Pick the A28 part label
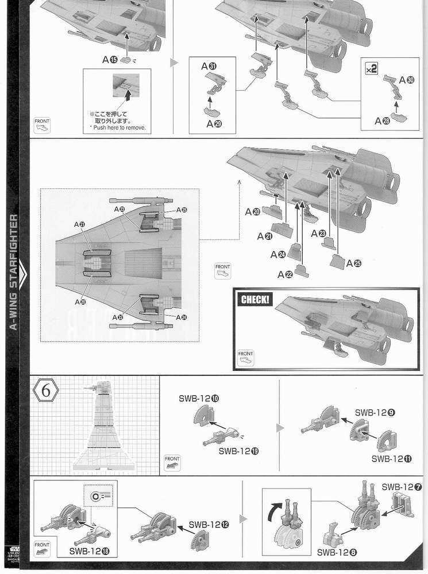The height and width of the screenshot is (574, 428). coord(382,121)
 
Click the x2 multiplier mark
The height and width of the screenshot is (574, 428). coord(371,68)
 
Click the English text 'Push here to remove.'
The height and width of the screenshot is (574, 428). coord(118,127)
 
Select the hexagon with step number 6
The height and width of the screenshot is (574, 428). coord(47,392)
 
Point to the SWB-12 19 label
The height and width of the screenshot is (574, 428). coord(238,451)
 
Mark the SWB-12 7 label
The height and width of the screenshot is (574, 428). coord(402,487)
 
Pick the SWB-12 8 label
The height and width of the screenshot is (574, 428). coord(337,553)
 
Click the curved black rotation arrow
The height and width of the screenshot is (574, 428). coord(277,509)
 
